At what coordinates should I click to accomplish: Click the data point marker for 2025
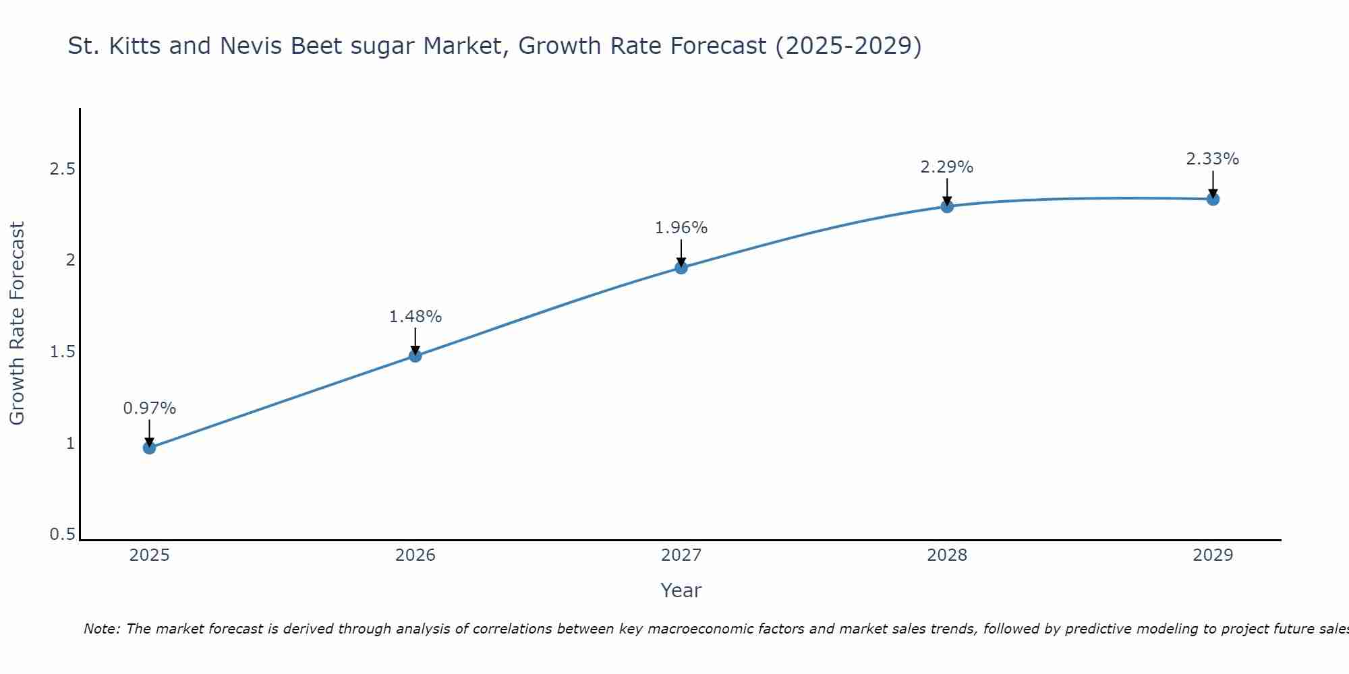(x=150, y=448)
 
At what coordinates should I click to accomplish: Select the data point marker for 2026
(x=415, y=355)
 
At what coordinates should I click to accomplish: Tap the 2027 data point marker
(x=681, y=268)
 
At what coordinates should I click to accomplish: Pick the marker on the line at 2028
(x=947, y=206)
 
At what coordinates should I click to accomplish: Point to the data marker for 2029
(x=1213, y=199)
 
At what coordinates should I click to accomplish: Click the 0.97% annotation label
(x=150, y=408)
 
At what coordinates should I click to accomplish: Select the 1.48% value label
(x=415, y=317)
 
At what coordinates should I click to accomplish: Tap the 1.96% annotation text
(x=681, y=228)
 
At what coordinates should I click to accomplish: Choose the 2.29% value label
(x=947, y=167)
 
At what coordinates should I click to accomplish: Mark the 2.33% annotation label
(x=1213, y=159)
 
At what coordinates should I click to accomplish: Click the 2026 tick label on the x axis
(x=415, y=555)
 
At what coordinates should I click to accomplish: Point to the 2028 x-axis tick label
(x=947, y=555)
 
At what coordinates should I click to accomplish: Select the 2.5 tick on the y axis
(x=62, y=168)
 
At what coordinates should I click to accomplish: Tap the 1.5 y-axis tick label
(x=62, y=352)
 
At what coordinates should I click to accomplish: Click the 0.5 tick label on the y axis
(x=62, y=534)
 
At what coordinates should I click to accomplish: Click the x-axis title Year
(x=681, y=590)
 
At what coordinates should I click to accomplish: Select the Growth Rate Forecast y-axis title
(x=17, y=324)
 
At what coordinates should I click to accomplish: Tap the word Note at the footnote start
(x=102, y=629)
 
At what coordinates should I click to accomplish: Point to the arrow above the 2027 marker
(x=681, y=253)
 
